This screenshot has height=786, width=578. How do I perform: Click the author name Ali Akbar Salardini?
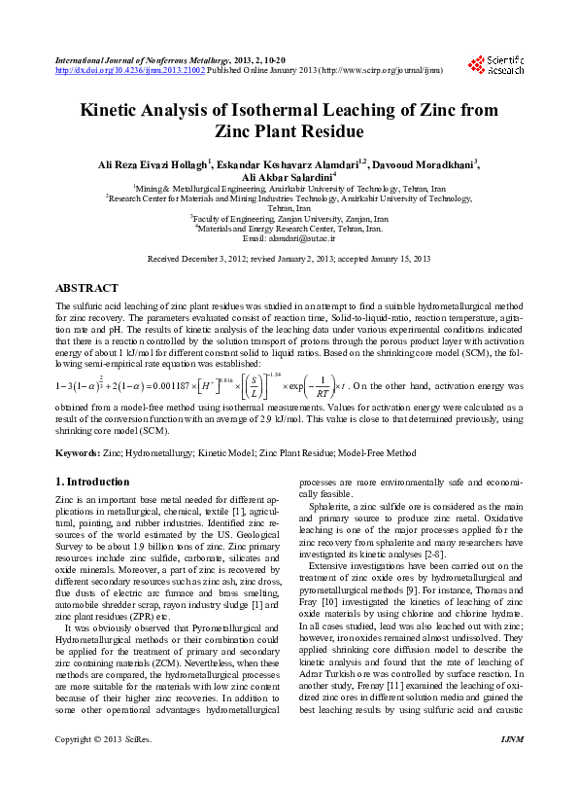289,175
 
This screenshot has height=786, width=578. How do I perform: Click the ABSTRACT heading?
87,289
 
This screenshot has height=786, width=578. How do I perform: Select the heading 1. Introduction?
92,482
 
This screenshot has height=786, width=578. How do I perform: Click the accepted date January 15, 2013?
395,260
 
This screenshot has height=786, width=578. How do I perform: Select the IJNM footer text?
511,768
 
